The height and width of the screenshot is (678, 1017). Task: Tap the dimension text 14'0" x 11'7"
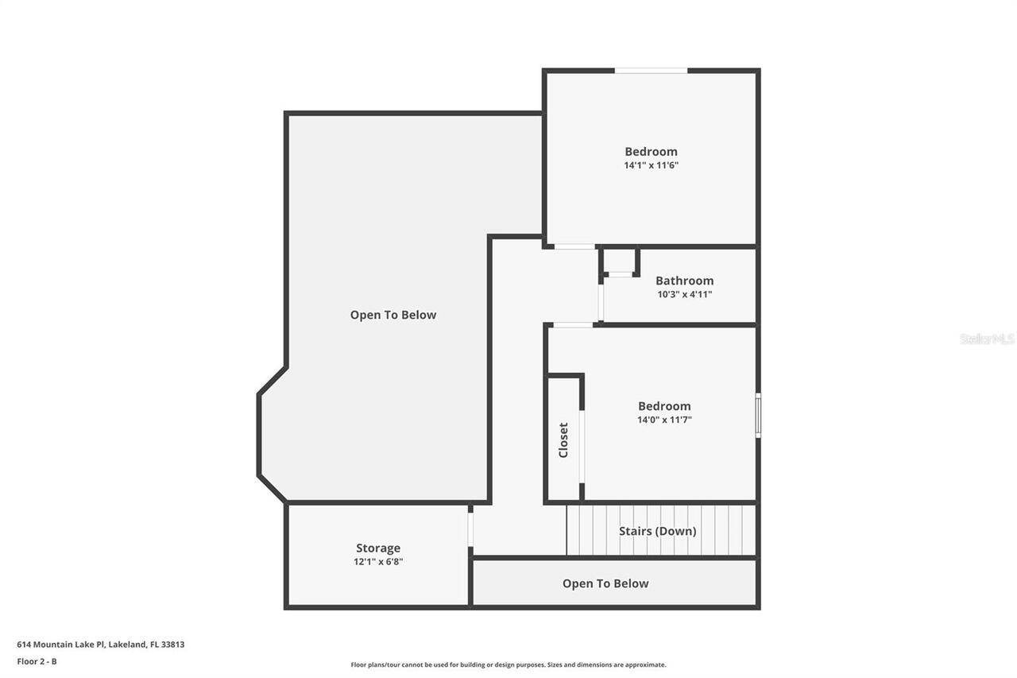[664, 420]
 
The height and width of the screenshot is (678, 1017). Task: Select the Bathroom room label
[684, 281]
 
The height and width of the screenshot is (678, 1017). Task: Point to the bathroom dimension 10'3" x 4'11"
[684, 294]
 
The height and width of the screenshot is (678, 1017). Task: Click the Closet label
[563, 440]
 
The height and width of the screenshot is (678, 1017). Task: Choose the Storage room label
[378, 548]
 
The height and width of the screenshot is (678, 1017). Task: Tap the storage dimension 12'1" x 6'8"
[378, 561]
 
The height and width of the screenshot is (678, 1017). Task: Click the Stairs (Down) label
[658, 531]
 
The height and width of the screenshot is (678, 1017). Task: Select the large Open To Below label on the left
[393, 315]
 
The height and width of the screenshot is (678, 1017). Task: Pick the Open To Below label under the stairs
[605, 583]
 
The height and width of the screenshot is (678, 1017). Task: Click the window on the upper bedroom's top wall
[651, 71]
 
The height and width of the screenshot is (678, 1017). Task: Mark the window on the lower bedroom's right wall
[758, 415]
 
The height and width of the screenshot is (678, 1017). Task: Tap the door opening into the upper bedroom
[574, 246]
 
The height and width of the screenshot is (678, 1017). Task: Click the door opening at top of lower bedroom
[573, 324]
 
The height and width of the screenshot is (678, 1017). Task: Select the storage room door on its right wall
[470, 529]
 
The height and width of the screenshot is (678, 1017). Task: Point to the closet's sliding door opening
[582, 446]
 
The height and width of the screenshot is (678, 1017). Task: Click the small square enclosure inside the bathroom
[619, 262]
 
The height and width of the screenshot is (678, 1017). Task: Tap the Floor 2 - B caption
[37, 661]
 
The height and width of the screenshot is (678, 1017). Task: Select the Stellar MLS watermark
[987, 339]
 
